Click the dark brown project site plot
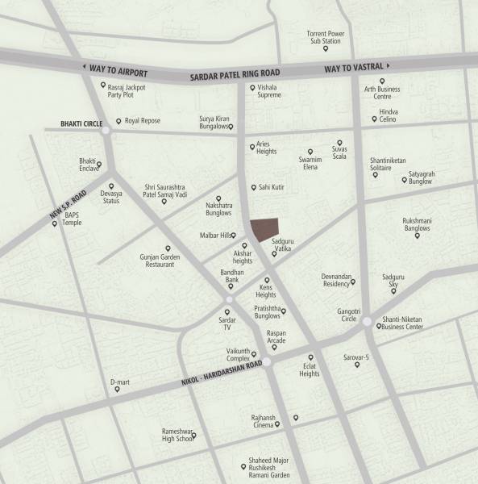point(264,228)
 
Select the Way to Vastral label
point(354,68)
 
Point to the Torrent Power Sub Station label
point(326,37)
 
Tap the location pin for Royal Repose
point(118,122)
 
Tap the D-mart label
point(119,381)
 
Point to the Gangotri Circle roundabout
point(368,321)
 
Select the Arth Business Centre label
point(382,91)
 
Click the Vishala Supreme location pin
point(253,87)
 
